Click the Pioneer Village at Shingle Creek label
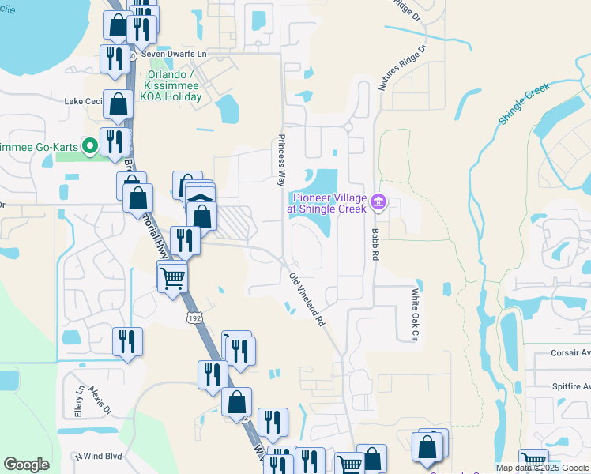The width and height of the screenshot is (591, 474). (x=329, y=203)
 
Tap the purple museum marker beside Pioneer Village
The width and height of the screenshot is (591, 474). (x=378, y=203)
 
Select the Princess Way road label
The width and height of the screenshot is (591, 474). (x=280, y=160)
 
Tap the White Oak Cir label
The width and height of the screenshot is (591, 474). (x=413, y=314)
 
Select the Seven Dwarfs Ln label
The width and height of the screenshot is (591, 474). (x=174, y=55)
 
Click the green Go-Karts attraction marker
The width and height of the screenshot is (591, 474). (x=90, y=145)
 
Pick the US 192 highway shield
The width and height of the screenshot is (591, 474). (x=193, y=317)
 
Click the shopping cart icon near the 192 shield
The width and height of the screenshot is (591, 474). (x=172, y=277)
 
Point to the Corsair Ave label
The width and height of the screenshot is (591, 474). (x=563, y=357)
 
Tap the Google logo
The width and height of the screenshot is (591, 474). (x=26, y=465)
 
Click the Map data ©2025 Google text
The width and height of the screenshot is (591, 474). (x=541, y=468)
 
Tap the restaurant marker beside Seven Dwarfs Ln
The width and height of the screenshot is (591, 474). (x=111, y=58)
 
